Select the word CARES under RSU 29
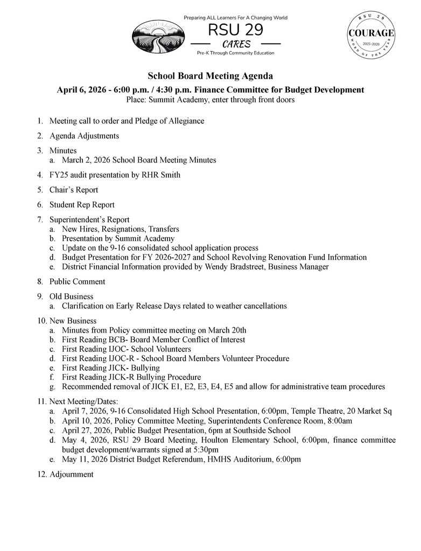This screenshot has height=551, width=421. (x=236, y=44)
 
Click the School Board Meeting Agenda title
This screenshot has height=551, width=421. (x=210, y=76)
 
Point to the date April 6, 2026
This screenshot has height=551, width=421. (x=81, y=90)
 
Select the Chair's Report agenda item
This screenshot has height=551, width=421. (x=74, y=190)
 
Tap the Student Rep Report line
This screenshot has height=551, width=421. (x=82, y=205)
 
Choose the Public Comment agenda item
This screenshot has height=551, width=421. (x=78, y=281)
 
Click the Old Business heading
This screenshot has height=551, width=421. (x=71, y=296)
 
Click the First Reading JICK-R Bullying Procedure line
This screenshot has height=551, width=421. (x=131, y=377)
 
